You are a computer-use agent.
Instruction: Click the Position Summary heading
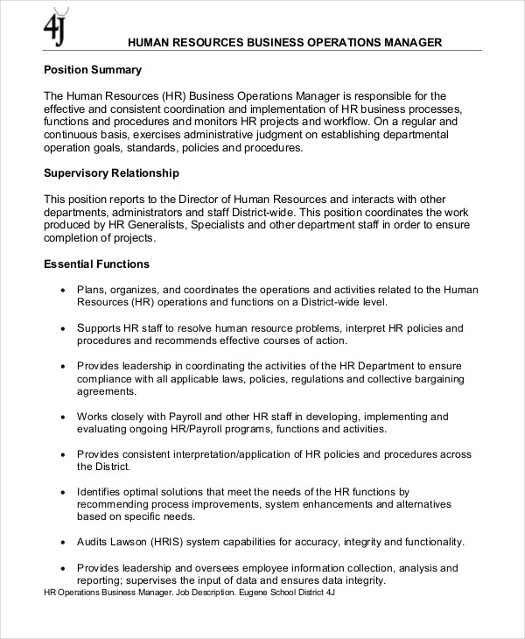[93, 70]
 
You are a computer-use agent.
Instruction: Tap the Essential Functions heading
[96, 263]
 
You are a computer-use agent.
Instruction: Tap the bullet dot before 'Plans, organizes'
[62, 290]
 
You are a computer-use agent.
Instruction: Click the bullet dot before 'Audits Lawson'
[62, 543]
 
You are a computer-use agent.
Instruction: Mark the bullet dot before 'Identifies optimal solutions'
[62, 492]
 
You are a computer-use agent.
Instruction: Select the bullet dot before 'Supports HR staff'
[62, 328]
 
